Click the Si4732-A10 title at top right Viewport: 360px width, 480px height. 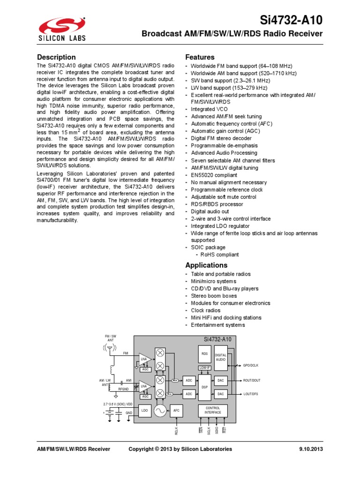pyautogui.click(x=292, y=20)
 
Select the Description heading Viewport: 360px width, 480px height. pyautogui.click(x=56, y=57)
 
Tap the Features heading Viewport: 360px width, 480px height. pyautogui.click(x=200, y=57)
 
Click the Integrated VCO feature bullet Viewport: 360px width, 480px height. pyautogui.click(x=210, y=109)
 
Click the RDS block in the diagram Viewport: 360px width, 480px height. pyautogui.click(x=204, y=354)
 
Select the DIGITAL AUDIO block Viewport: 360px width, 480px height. pyautogui.click(x=221, y=357)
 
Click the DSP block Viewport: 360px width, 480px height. pyautogui.click(x=204, y=387)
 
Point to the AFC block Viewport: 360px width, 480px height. pyautogui.click(x=176, y=411)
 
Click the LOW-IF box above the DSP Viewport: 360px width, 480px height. pyautogui.click(x=204, y=368)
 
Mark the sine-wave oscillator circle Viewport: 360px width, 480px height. pyautogui.click(x=160, y=411)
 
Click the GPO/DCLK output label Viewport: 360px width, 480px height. pyautogui.click(x=251, y=365)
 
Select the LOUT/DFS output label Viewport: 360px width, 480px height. pyautogui.click(x=251, y=394)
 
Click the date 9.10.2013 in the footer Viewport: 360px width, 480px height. pyautogui.click(x=311, y=449)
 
